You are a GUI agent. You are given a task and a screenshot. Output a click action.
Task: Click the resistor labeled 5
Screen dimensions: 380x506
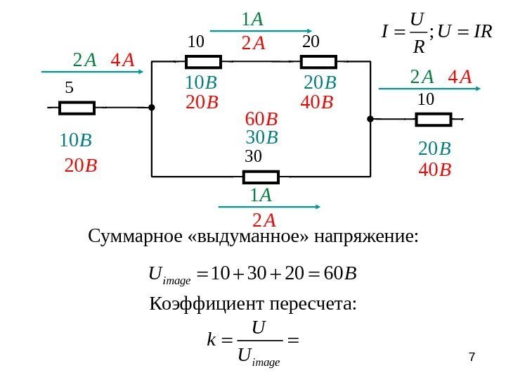tap(77, 108)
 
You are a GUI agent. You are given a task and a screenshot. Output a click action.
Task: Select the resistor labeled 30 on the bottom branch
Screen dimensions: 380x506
tap(261, 176)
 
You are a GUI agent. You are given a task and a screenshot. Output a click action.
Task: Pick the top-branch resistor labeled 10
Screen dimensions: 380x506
tap(204, 63)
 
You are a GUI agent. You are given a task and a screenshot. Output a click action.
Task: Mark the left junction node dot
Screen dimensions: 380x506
tap(152, 108)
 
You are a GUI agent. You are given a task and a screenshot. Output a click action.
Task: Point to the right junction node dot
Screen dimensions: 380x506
tap(370, 119)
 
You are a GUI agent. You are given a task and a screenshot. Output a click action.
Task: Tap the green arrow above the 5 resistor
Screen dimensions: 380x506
tap(95, 71)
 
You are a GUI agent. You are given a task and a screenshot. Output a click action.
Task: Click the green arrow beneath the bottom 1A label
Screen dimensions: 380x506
tap(270, 206)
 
